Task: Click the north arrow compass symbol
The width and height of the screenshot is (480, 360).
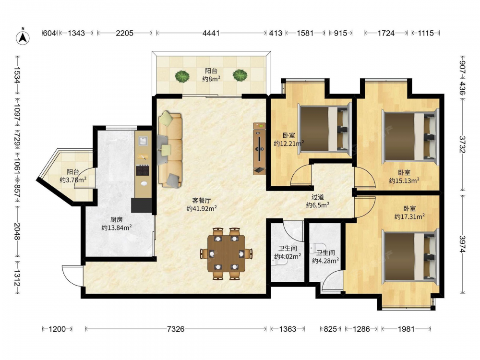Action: [x=23, y=37]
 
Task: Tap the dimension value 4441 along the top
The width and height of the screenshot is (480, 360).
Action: [x=211, y=33]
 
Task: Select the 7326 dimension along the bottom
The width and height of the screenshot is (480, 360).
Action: [x=176, y=329]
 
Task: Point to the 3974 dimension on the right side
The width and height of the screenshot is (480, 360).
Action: [x=462, y=244]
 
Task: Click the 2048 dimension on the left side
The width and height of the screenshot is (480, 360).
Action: [x=17, y=231]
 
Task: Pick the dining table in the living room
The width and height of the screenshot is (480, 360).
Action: [x=227, y=253]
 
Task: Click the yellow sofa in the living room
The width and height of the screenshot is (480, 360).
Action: [x=170, y=149]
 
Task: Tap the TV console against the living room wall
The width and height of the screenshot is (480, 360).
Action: [x=259, y=148]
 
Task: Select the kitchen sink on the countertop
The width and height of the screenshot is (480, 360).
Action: [x=143, y=141]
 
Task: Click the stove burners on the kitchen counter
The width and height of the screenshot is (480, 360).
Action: [x=143, y=170]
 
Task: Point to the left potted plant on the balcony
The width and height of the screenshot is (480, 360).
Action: [x=182, y=76]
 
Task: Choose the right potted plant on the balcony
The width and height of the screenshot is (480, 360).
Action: [x=240, y=75]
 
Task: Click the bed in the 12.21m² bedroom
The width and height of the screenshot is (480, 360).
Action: [x=324, y=128]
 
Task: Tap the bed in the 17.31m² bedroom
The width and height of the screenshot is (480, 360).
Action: [x=410, y=256]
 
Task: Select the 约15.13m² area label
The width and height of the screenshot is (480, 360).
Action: [x=404, y=180]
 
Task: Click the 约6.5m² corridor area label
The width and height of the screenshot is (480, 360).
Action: [x=317, y=205]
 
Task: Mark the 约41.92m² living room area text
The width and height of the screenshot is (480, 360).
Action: [x=202, y=208]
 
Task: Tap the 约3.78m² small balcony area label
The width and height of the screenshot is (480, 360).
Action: [x=73, y=180]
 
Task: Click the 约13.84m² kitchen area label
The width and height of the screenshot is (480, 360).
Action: [x=117, y=228]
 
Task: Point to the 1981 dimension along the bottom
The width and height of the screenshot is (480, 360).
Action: [x=406, y=329]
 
